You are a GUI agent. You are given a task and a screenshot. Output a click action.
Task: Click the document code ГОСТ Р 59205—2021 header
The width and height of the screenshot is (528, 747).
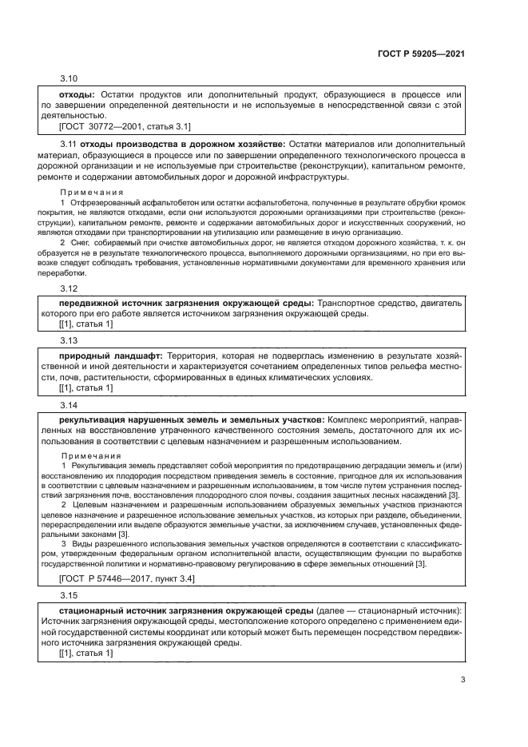421,54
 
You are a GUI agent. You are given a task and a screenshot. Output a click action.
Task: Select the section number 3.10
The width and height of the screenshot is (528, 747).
69,79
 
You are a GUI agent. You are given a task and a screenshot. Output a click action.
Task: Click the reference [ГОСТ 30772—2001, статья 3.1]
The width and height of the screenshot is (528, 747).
125,126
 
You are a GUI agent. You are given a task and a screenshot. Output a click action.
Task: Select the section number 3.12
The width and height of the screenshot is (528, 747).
69,288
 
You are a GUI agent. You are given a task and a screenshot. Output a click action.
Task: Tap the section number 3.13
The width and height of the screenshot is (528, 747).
69,338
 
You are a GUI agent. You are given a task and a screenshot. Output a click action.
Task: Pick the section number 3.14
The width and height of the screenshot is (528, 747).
69,404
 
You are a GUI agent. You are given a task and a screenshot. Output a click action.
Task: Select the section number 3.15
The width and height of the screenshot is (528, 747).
69,595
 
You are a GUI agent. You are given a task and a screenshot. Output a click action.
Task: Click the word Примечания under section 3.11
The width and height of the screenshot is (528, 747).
92,193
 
